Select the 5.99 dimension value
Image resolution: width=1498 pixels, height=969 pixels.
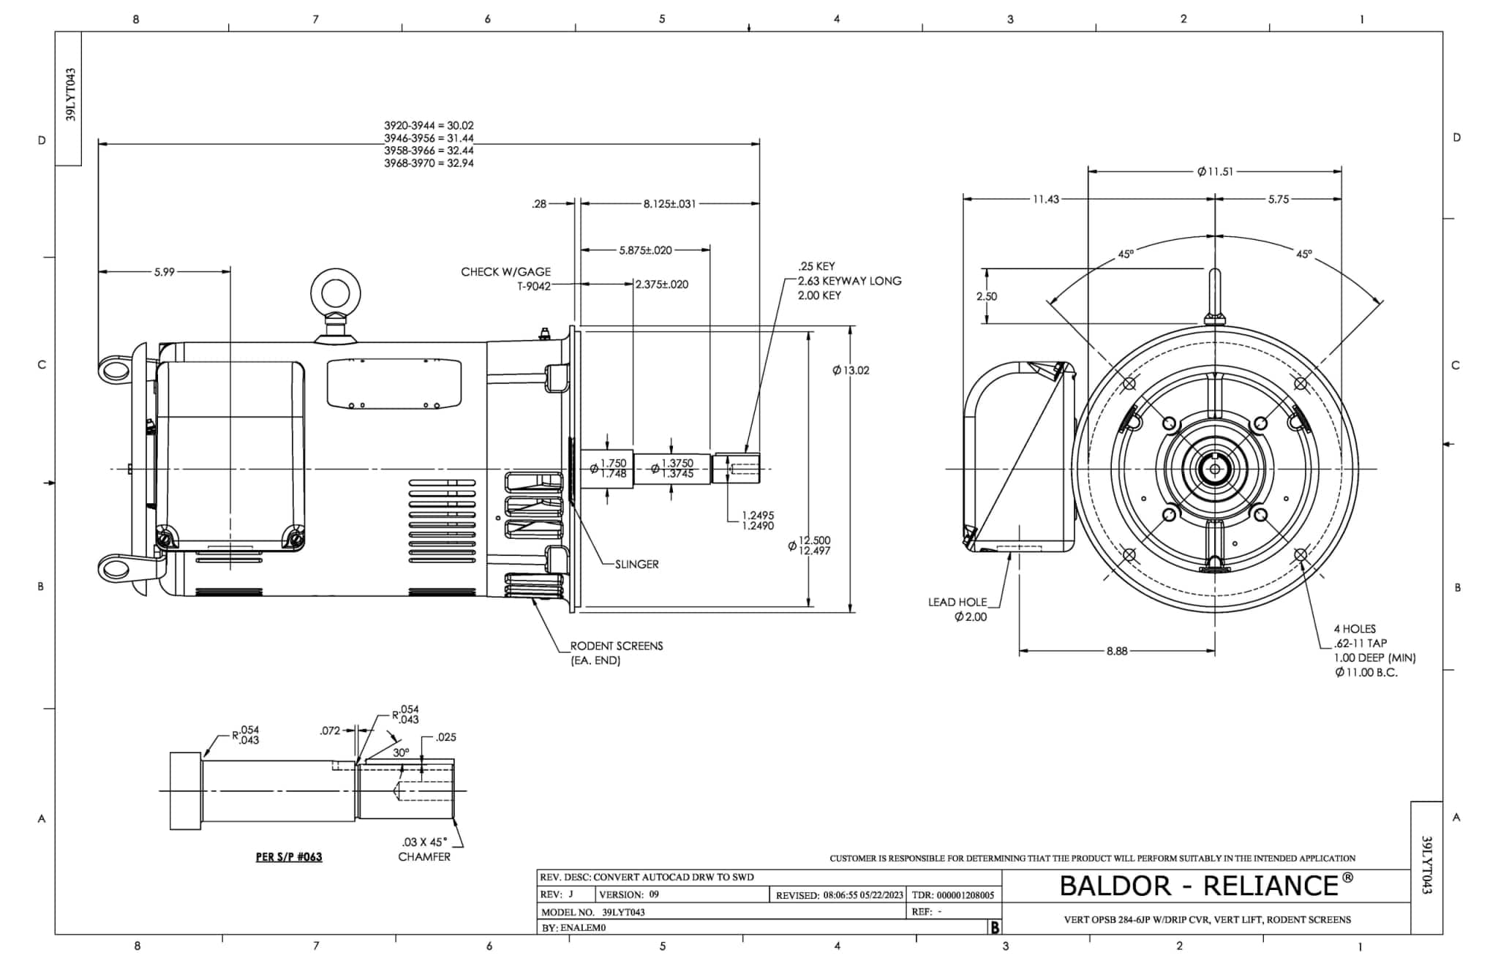coord(165,272)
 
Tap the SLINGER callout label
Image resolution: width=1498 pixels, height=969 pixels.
coord(636,565)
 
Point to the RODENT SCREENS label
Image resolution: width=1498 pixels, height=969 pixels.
coord(617,646)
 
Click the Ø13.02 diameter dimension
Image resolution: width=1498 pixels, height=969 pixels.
coord(851,371)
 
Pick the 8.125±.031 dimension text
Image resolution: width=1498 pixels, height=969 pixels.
coord(669,204)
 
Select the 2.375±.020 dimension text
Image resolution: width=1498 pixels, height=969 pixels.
coord(662,284)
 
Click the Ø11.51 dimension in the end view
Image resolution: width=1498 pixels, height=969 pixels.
coord(1215,172)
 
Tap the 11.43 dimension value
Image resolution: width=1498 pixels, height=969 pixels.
coord(1045,199)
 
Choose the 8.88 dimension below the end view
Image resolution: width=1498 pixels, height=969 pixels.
coord(1117,651)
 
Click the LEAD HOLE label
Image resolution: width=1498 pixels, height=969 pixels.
coord(957,603)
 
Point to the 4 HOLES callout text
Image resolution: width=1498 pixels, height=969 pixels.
coord(1355,629)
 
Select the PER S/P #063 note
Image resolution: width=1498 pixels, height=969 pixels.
coord(289,857)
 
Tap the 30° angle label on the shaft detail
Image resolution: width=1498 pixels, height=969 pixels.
coord(401,752)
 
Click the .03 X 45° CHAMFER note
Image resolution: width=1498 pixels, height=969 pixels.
coord(424,850)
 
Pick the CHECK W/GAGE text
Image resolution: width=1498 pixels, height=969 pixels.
coord(505,272)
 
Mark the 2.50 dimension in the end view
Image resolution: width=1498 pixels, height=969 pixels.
coord(986,296)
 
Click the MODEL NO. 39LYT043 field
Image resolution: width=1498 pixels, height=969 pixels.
coord(593,912)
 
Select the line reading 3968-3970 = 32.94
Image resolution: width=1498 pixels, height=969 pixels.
coord(429,163)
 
